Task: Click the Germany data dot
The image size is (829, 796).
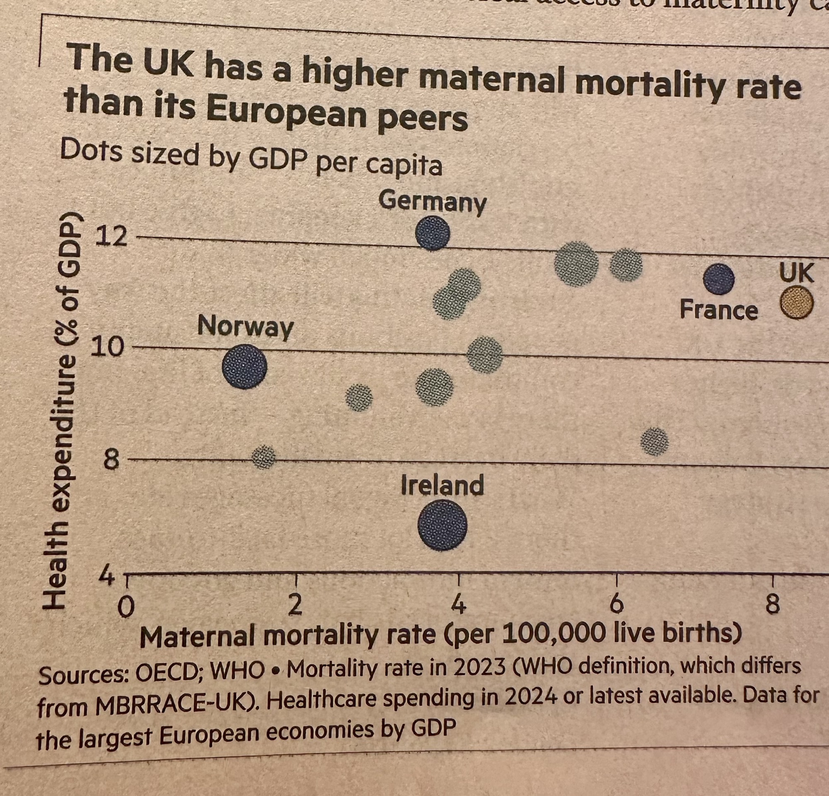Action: pyautogui.click(x=432, y=233)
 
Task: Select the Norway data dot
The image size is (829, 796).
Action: pyautogui.click(x=245, y=366)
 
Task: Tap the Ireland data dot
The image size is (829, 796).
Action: pyautogui.click(x=442, y=525)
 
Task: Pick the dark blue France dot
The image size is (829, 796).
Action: pyautogui.click(x=719, y=279)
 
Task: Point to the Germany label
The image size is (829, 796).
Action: pyautogui.click(x=433, y=202)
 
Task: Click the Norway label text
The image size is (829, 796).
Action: pyautogui.click(x=245, y=327)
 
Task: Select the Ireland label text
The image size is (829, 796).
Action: pyautogui.click(x=442, y=485)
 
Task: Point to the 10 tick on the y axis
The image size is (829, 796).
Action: pyautogui.click(x=111, y=348)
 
